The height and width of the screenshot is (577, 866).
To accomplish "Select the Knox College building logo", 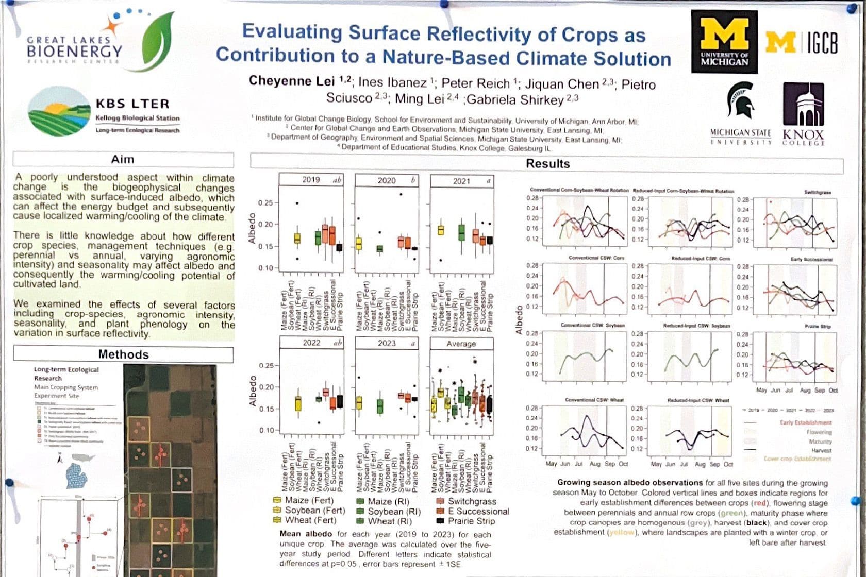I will coord(803,106).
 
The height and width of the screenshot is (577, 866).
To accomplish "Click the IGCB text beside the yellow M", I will coord(822,42).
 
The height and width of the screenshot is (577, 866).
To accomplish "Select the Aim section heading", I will coord(123,159).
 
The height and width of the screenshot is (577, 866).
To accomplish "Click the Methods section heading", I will coord(123,354).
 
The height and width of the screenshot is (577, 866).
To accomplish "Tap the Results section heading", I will coord(547,164).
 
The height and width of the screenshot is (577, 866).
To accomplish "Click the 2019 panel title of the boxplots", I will coord(311,180).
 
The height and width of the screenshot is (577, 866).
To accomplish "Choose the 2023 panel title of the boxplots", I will coord(387,343).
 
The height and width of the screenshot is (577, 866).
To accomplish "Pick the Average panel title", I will coord(461,344).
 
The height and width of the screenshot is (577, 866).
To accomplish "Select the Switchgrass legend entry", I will coord(472,501).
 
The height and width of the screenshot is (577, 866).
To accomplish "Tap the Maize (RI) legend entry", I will coord(388,501).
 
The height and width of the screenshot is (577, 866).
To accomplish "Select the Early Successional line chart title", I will coord(811,260).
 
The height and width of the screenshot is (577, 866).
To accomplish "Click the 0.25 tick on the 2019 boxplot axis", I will coord(265,202).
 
